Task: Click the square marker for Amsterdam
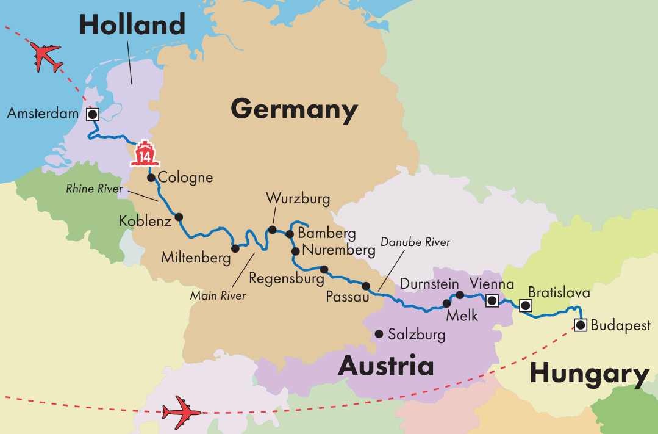click(x=93, y=114)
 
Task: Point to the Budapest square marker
click(x=580, y=325)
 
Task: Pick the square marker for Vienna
click(x=492, y=300)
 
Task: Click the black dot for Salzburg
click(x=379, y=334)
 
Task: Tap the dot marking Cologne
click(x=151, y=178)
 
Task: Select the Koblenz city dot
click(x=179, y=217)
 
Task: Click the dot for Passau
click(x=366, y=286)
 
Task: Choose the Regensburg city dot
click(x=324, y=269)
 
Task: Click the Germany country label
click(x=294, y=110)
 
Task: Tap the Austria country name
click(x=385, y=366)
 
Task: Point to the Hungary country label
click(x=589, y=374)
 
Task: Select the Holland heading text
click(x=132, y=25)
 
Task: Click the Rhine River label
click(x=95, y=189)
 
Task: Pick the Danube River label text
click(x=415, y=242)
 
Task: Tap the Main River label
click(x=218, y=296)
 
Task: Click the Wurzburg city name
click(x=298, y=199)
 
